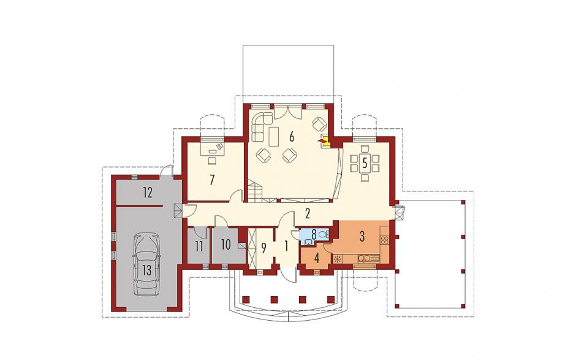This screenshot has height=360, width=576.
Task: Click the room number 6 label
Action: [x=292, y=136]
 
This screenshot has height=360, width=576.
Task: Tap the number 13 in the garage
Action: [x=146, y=270]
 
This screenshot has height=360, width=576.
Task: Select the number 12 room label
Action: [x=148, y=193]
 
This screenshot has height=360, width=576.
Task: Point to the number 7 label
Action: [x=212, y=180]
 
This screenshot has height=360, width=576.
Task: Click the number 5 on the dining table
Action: [x=365, y=163]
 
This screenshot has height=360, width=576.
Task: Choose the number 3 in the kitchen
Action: [x=362, y=237]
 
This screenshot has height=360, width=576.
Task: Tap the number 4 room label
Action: [x=317, y=258]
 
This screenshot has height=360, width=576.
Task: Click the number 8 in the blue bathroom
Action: [x=314, y=234]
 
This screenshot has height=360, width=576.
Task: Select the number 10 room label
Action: [x=226, y=244]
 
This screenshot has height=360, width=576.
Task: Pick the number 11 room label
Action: [x=199, y=247]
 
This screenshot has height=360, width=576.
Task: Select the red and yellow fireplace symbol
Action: [x=322, y=141]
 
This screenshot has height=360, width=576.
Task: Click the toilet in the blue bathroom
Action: [x=324, y=233]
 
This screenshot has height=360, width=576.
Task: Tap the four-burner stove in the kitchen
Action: [x=384, y=240]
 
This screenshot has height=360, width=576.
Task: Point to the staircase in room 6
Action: [x=256, y=190]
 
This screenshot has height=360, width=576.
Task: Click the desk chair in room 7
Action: [x=213, y=160]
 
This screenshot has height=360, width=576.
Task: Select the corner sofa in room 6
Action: [x=261, y=126]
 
